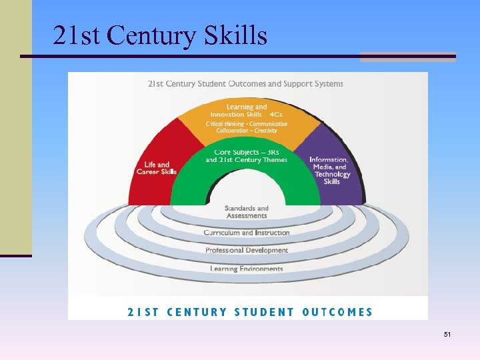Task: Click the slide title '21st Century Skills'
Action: [x=160, y=35]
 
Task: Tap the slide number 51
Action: [x=447, y=333]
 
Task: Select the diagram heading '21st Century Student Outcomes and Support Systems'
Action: [x=245, y=84]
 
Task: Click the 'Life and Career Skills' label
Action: [x=155, y=168]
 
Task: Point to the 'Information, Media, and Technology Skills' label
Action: [x=329, y=171]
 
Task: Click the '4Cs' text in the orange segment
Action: [x=276, y=114]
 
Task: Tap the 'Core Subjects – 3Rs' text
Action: [x=247, y=152]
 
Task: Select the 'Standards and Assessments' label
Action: [x=247, y=212]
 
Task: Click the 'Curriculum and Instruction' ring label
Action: [x=247, y=233]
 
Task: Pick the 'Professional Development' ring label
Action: [x=247, y=251]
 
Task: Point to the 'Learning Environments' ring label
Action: [x=247, y=269]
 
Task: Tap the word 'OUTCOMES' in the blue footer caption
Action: [x=338, y=311]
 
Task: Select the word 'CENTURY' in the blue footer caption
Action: [x=197, y=311]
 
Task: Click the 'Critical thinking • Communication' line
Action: [x=247, y=123]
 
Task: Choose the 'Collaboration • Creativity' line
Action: [x=241, y=131]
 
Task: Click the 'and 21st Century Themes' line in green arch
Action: [x=247, y=160]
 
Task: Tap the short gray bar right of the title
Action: [x=407, y=57]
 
